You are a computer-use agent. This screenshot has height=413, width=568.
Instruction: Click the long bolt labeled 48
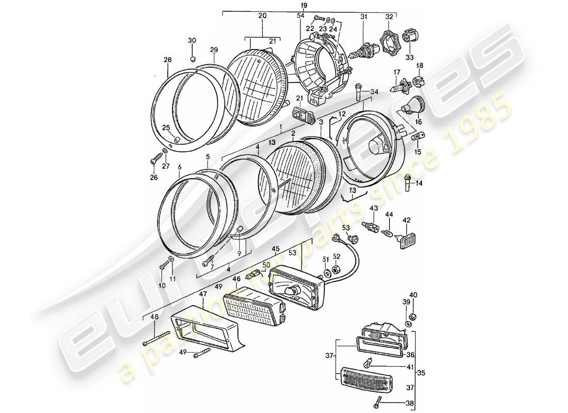click(157, 340)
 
